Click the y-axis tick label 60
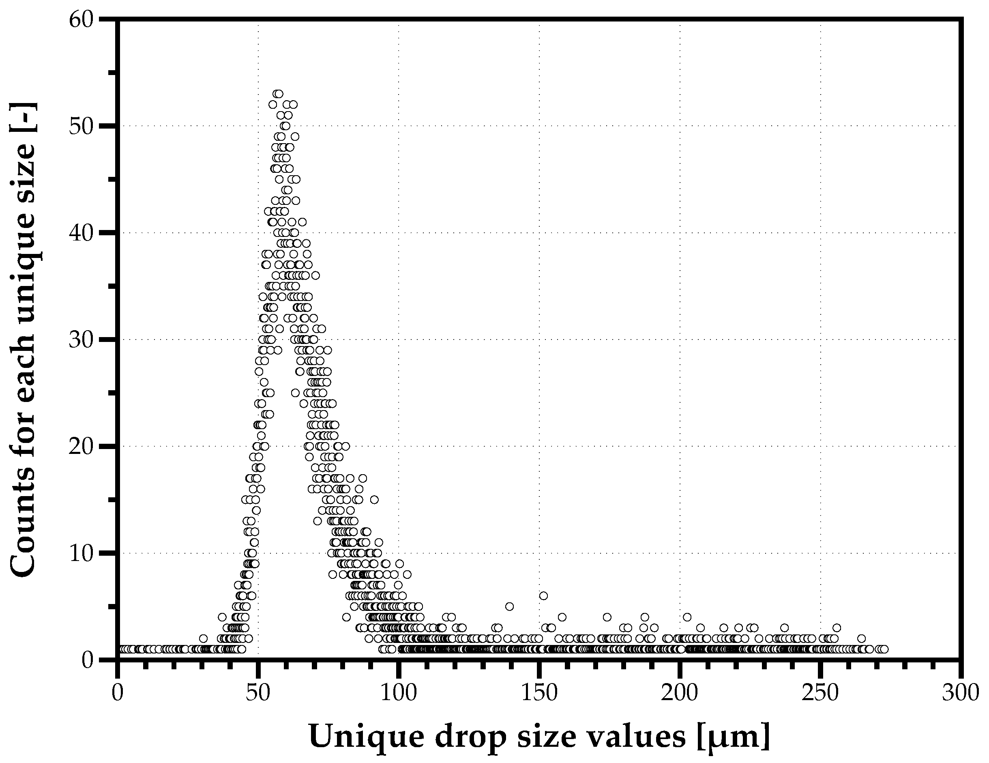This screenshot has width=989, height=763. [82, 19]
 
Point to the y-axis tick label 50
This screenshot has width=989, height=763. [82, 127]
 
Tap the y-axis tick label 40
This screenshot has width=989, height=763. [82, 233]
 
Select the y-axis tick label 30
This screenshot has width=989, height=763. [82, 340]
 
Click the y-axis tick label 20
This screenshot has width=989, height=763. [82, 447]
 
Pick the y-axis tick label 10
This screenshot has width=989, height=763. [82, 554]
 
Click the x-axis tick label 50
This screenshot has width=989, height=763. [258, 694]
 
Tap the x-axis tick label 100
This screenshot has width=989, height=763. [399, 694]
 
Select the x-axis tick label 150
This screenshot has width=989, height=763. [539, 694]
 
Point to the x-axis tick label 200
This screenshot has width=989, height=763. [679, 694]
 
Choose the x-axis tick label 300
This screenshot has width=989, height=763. [961, 694]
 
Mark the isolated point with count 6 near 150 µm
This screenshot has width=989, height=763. [543, 595]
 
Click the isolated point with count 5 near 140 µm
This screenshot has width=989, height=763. [509, 606]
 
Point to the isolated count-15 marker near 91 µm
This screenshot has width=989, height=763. [374, 500]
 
